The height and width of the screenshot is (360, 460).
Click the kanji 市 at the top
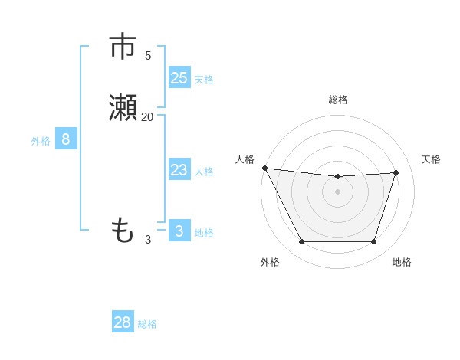[123, 47]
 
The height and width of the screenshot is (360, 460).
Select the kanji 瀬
[123, 109]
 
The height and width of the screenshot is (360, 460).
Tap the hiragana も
[123, 230]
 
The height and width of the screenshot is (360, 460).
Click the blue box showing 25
[179, 78]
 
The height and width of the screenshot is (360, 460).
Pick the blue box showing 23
[179, 170]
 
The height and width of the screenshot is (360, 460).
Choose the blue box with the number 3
[179, 231]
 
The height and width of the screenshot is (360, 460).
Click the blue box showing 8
[66, 139]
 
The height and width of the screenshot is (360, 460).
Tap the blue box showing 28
[123, 322]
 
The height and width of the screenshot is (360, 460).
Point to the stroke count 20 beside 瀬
[147, 117]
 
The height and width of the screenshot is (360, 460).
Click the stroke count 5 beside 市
[148, 56]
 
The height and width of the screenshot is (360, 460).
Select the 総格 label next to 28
[147, 324]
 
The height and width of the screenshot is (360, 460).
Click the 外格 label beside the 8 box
[41, 141]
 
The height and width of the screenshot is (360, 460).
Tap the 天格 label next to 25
[204, 80]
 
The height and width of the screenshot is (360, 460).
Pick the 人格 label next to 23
[204, 172]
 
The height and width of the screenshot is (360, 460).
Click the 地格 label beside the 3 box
[204, 233]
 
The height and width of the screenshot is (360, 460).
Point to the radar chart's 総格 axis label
[338, 100]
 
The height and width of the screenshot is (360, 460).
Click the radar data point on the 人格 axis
[264, 168]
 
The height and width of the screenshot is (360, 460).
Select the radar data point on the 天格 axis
[396, 173]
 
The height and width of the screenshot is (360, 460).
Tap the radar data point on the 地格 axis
[373, 242]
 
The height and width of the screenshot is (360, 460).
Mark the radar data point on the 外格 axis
[301, 242]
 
